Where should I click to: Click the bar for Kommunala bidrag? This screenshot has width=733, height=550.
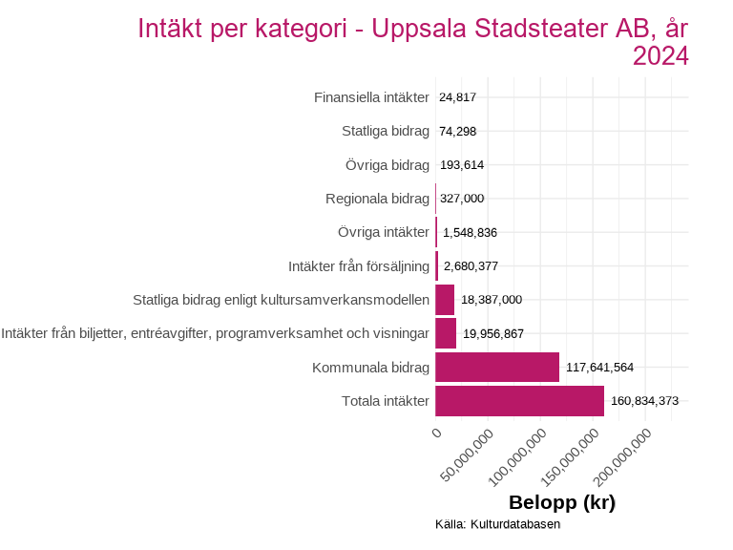[497, 367]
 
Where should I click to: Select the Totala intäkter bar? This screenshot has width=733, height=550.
[519, 401]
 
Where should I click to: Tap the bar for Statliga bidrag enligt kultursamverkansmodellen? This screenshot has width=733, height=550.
[445, 300]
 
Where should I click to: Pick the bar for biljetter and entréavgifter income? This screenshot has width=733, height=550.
[446, 333]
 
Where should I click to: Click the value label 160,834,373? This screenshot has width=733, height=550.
[644, 401]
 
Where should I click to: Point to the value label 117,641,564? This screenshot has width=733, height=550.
[599, 367]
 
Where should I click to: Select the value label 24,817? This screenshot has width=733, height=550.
[457, 97]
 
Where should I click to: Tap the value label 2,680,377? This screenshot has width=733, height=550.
[471, 265]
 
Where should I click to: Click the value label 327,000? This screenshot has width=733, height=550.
[462, 199]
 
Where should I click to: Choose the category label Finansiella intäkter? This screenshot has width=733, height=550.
[371, 97]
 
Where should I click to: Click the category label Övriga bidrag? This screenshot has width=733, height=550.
[387, 165]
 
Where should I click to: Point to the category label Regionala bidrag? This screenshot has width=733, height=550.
[377, 199]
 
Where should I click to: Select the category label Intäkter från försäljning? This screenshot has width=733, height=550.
[358, 265]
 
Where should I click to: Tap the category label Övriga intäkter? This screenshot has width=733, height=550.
[384, 232]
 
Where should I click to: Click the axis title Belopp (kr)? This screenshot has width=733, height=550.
[561, 502]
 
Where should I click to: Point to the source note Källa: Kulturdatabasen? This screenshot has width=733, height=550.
[497, 524]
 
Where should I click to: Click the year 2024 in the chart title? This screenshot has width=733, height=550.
[660, 56]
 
